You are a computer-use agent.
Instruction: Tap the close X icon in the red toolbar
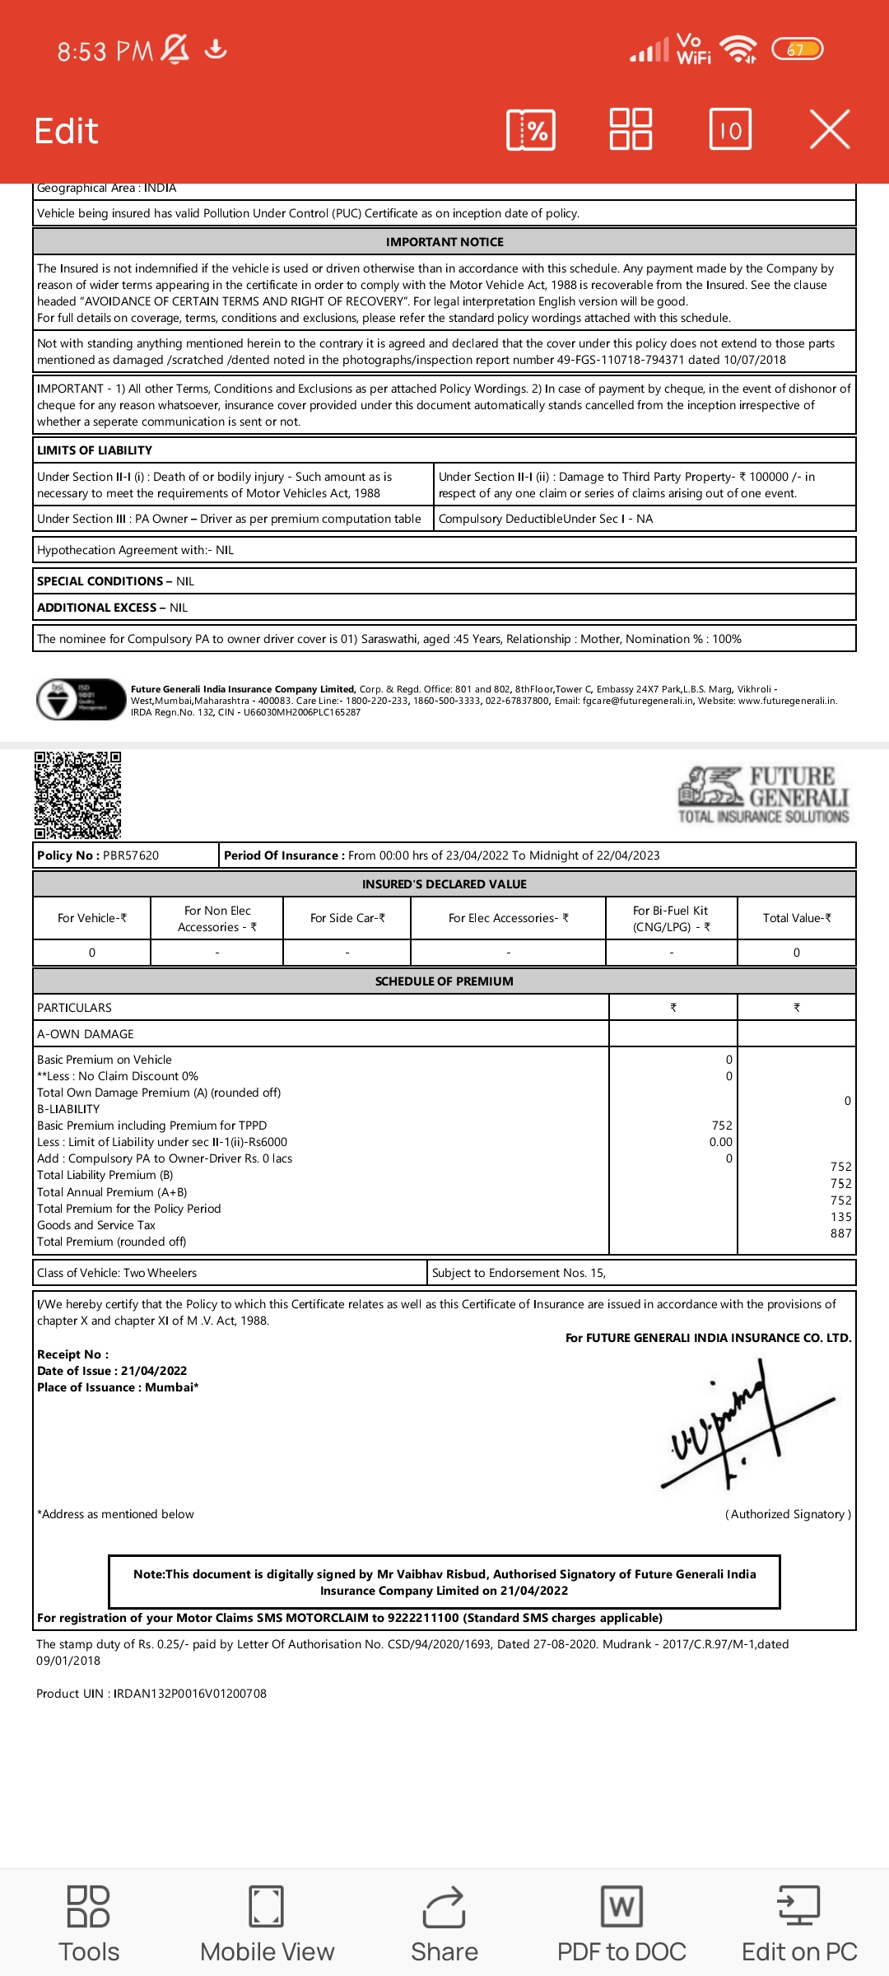(829, 130)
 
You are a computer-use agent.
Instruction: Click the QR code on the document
(78, 795)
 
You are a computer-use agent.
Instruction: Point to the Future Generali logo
(764, 795)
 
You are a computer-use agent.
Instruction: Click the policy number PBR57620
(131, 855)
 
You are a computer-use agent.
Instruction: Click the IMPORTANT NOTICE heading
(444, 242)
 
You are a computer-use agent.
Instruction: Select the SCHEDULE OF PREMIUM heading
(444, 981)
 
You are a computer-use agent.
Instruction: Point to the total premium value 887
(840, 1233)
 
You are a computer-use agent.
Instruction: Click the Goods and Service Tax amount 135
(840, 1217)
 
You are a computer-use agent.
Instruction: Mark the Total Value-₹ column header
(797, 918)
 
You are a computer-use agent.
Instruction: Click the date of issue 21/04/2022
(154, 1371)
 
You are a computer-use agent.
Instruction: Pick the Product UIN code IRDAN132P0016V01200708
(190, 1694)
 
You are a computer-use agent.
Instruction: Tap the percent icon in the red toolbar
(531, 130)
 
